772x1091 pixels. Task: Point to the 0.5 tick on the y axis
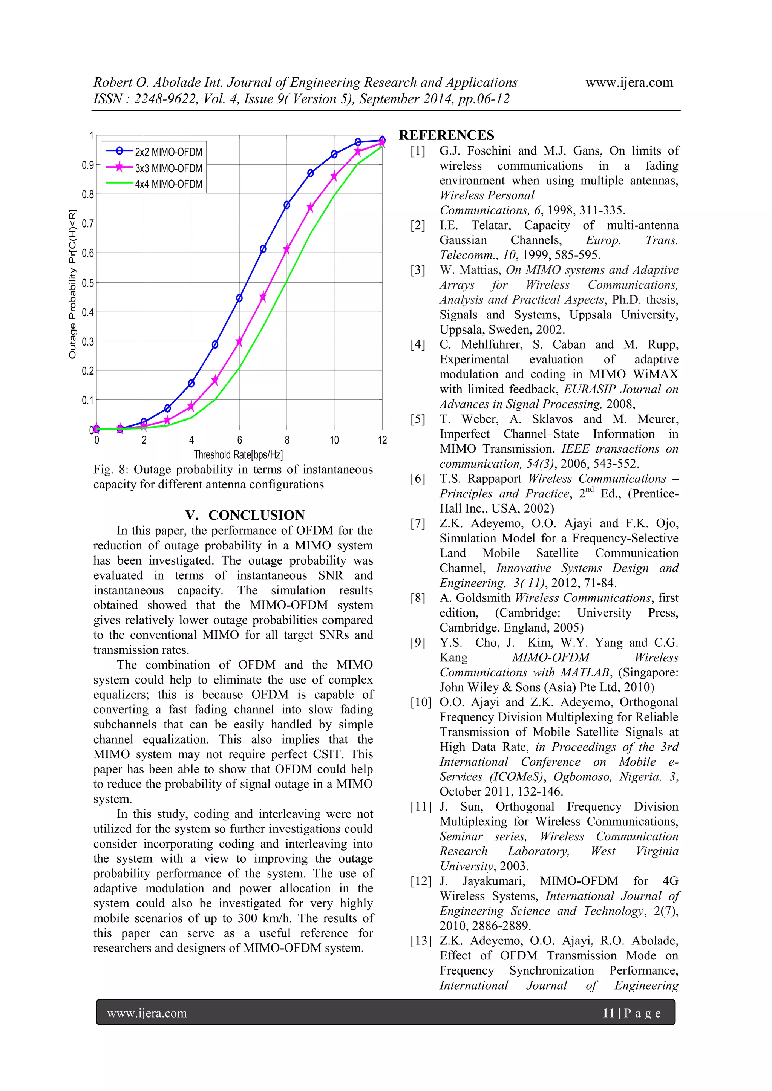click(88, 283)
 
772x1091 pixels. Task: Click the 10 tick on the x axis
click(334, 441)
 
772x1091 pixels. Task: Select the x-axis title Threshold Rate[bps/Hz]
click(238, 455)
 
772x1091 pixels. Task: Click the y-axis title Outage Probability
click(72, 284)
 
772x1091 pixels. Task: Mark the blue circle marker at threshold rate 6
click(239, 298)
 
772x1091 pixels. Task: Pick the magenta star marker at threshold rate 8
click(286, 250)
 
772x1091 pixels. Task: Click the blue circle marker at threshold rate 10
click(334, 154)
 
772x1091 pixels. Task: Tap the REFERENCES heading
click(446, 135)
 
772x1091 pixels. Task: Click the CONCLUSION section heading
click(245, 515)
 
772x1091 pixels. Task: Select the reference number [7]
click(418, 523)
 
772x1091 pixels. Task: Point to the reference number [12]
click(421, 881)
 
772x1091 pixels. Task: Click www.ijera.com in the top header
click(629, 83)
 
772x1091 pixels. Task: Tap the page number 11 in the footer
click(608, 1013)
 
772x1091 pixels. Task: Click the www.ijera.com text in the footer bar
click(147, 1013)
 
